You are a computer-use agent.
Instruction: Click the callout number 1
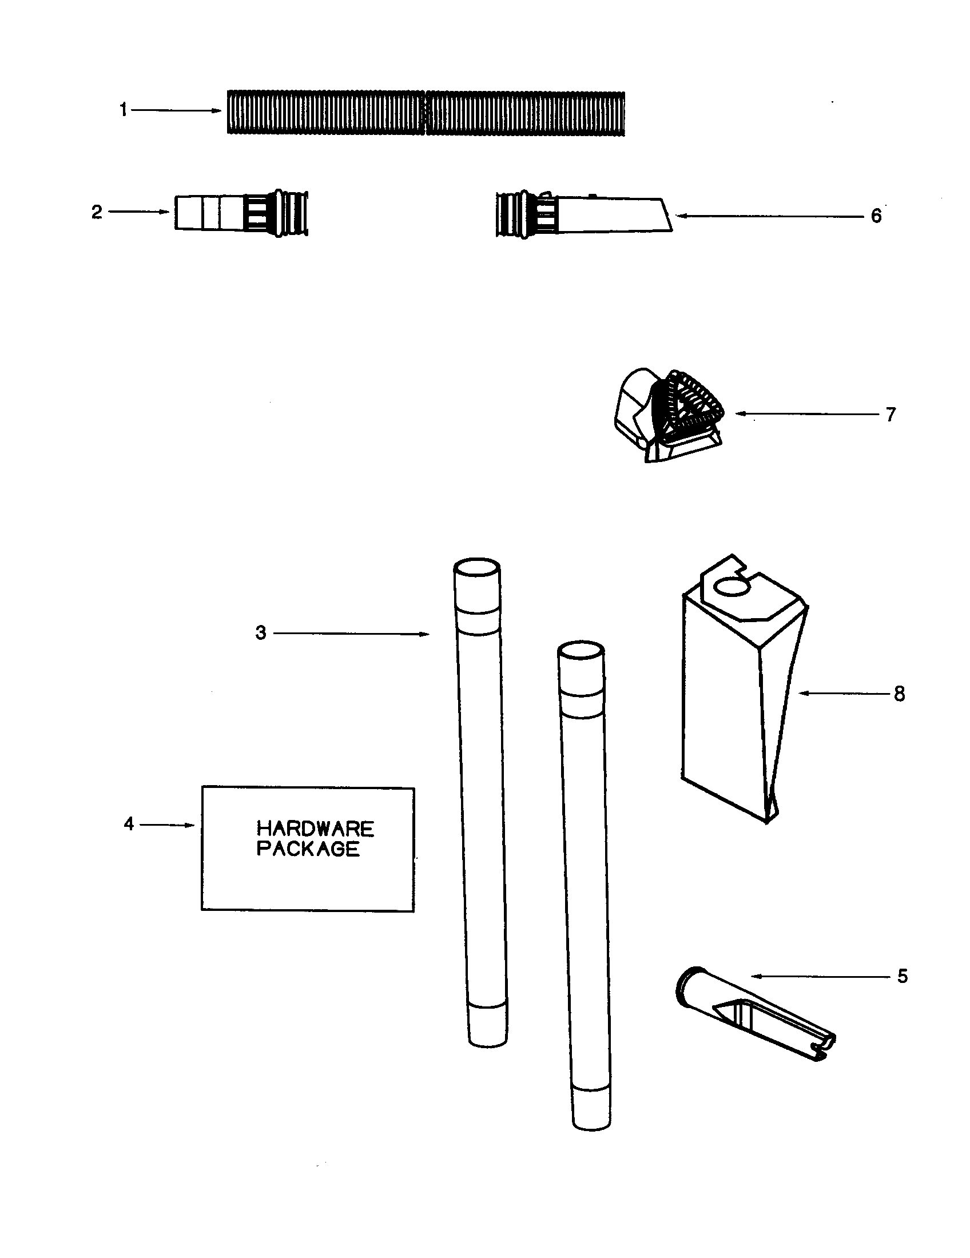124,109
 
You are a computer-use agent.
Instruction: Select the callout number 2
97,212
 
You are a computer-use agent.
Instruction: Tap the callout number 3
261,633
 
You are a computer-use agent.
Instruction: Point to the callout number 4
129,824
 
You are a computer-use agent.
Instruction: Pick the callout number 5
903,976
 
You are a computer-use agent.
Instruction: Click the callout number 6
876,216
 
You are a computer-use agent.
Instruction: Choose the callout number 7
891,414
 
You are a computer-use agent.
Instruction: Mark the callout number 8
900,694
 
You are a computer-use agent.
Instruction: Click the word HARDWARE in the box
315,829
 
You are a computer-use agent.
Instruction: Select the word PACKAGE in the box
308,849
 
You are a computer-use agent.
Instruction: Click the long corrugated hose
426,112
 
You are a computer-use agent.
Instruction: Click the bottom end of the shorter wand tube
591,1122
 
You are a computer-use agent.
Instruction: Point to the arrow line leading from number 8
846,694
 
